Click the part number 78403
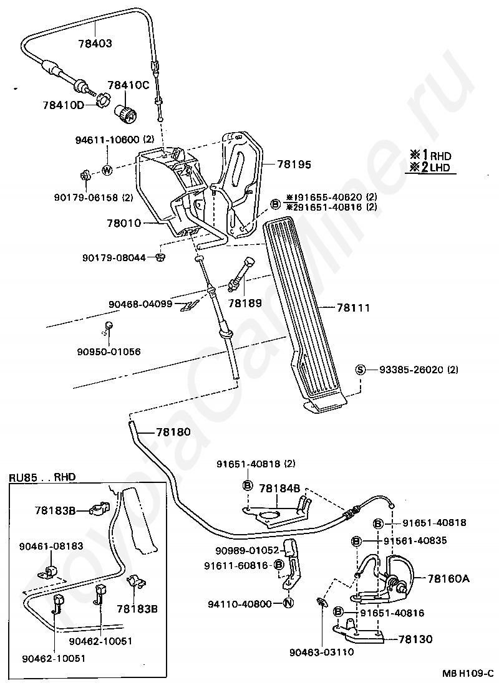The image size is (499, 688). point(95,43)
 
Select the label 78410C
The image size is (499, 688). point(128,85)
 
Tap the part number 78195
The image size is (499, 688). point(294,164)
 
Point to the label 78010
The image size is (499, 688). point(124,223)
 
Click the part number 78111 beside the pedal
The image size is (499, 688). point(353,308)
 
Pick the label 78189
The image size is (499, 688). point(245,303)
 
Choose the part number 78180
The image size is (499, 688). point(173,432)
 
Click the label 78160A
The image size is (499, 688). point(448,578)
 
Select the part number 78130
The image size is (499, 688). point(415,639)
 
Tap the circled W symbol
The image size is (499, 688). point(107,170)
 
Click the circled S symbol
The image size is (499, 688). point(360,370)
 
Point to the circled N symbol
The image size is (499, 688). point(288,604)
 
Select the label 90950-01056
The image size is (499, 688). point(109,351)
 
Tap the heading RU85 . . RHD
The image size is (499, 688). point(42,477)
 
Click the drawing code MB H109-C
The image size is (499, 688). point(468,672)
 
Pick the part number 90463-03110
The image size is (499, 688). point(321,652)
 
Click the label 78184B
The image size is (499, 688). point(279,489)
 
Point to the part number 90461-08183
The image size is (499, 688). point(51,546)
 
